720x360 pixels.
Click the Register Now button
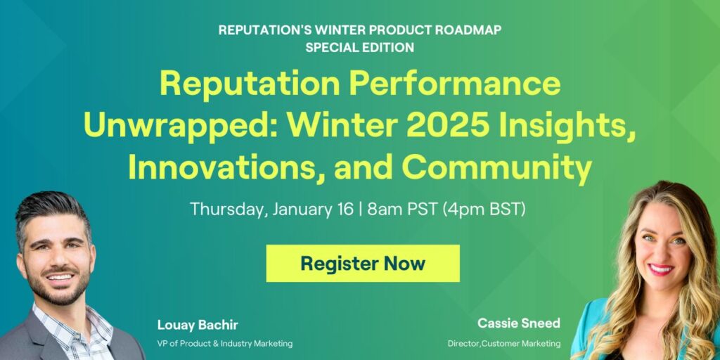[363, 264]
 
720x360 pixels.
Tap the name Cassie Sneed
[519, 323]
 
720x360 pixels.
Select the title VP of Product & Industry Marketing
[225, 343]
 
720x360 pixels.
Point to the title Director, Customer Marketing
[504, 343]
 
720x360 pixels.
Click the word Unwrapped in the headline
[172, 126]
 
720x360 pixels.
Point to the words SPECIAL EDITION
[359, 48]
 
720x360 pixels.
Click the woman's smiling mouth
[660, 269]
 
